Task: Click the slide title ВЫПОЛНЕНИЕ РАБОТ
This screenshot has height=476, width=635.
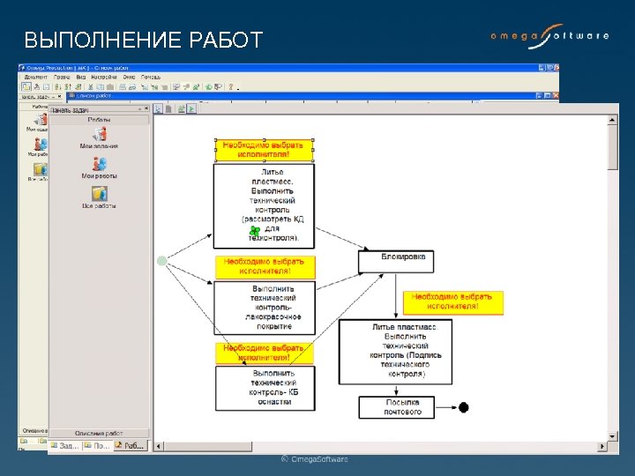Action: [x=143, y=41]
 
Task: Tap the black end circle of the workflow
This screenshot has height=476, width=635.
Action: [x=464, y=407]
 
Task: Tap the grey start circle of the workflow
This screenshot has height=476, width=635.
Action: [x=161, y=261]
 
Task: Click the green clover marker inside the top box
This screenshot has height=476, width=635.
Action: [x=255, y=231]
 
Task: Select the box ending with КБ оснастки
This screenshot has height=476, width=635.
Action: [x=265, y=388]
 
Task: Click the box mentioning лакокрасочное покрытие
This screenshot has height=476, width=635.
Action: [x=265, y=308]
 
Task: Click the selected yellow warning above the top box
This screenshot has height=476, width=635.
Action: [x=264, y=148]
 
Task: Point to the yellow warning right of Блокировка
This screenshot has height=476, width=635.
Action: [x=453, y=302]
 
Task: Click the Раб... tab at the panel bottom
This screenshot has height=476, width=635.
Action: [x=133, y=446]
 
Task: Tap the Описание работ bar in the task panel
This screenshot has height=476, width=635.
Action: [x=99, y=433]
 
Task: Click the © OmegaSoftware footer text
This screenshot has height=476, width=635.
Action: [x=315, y=459]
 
